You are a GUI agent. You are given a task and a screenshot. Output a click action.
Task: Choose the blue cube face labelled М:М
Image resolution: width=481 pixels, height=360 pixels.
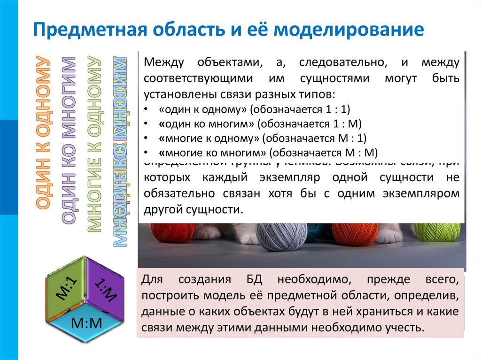point(86,323)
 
